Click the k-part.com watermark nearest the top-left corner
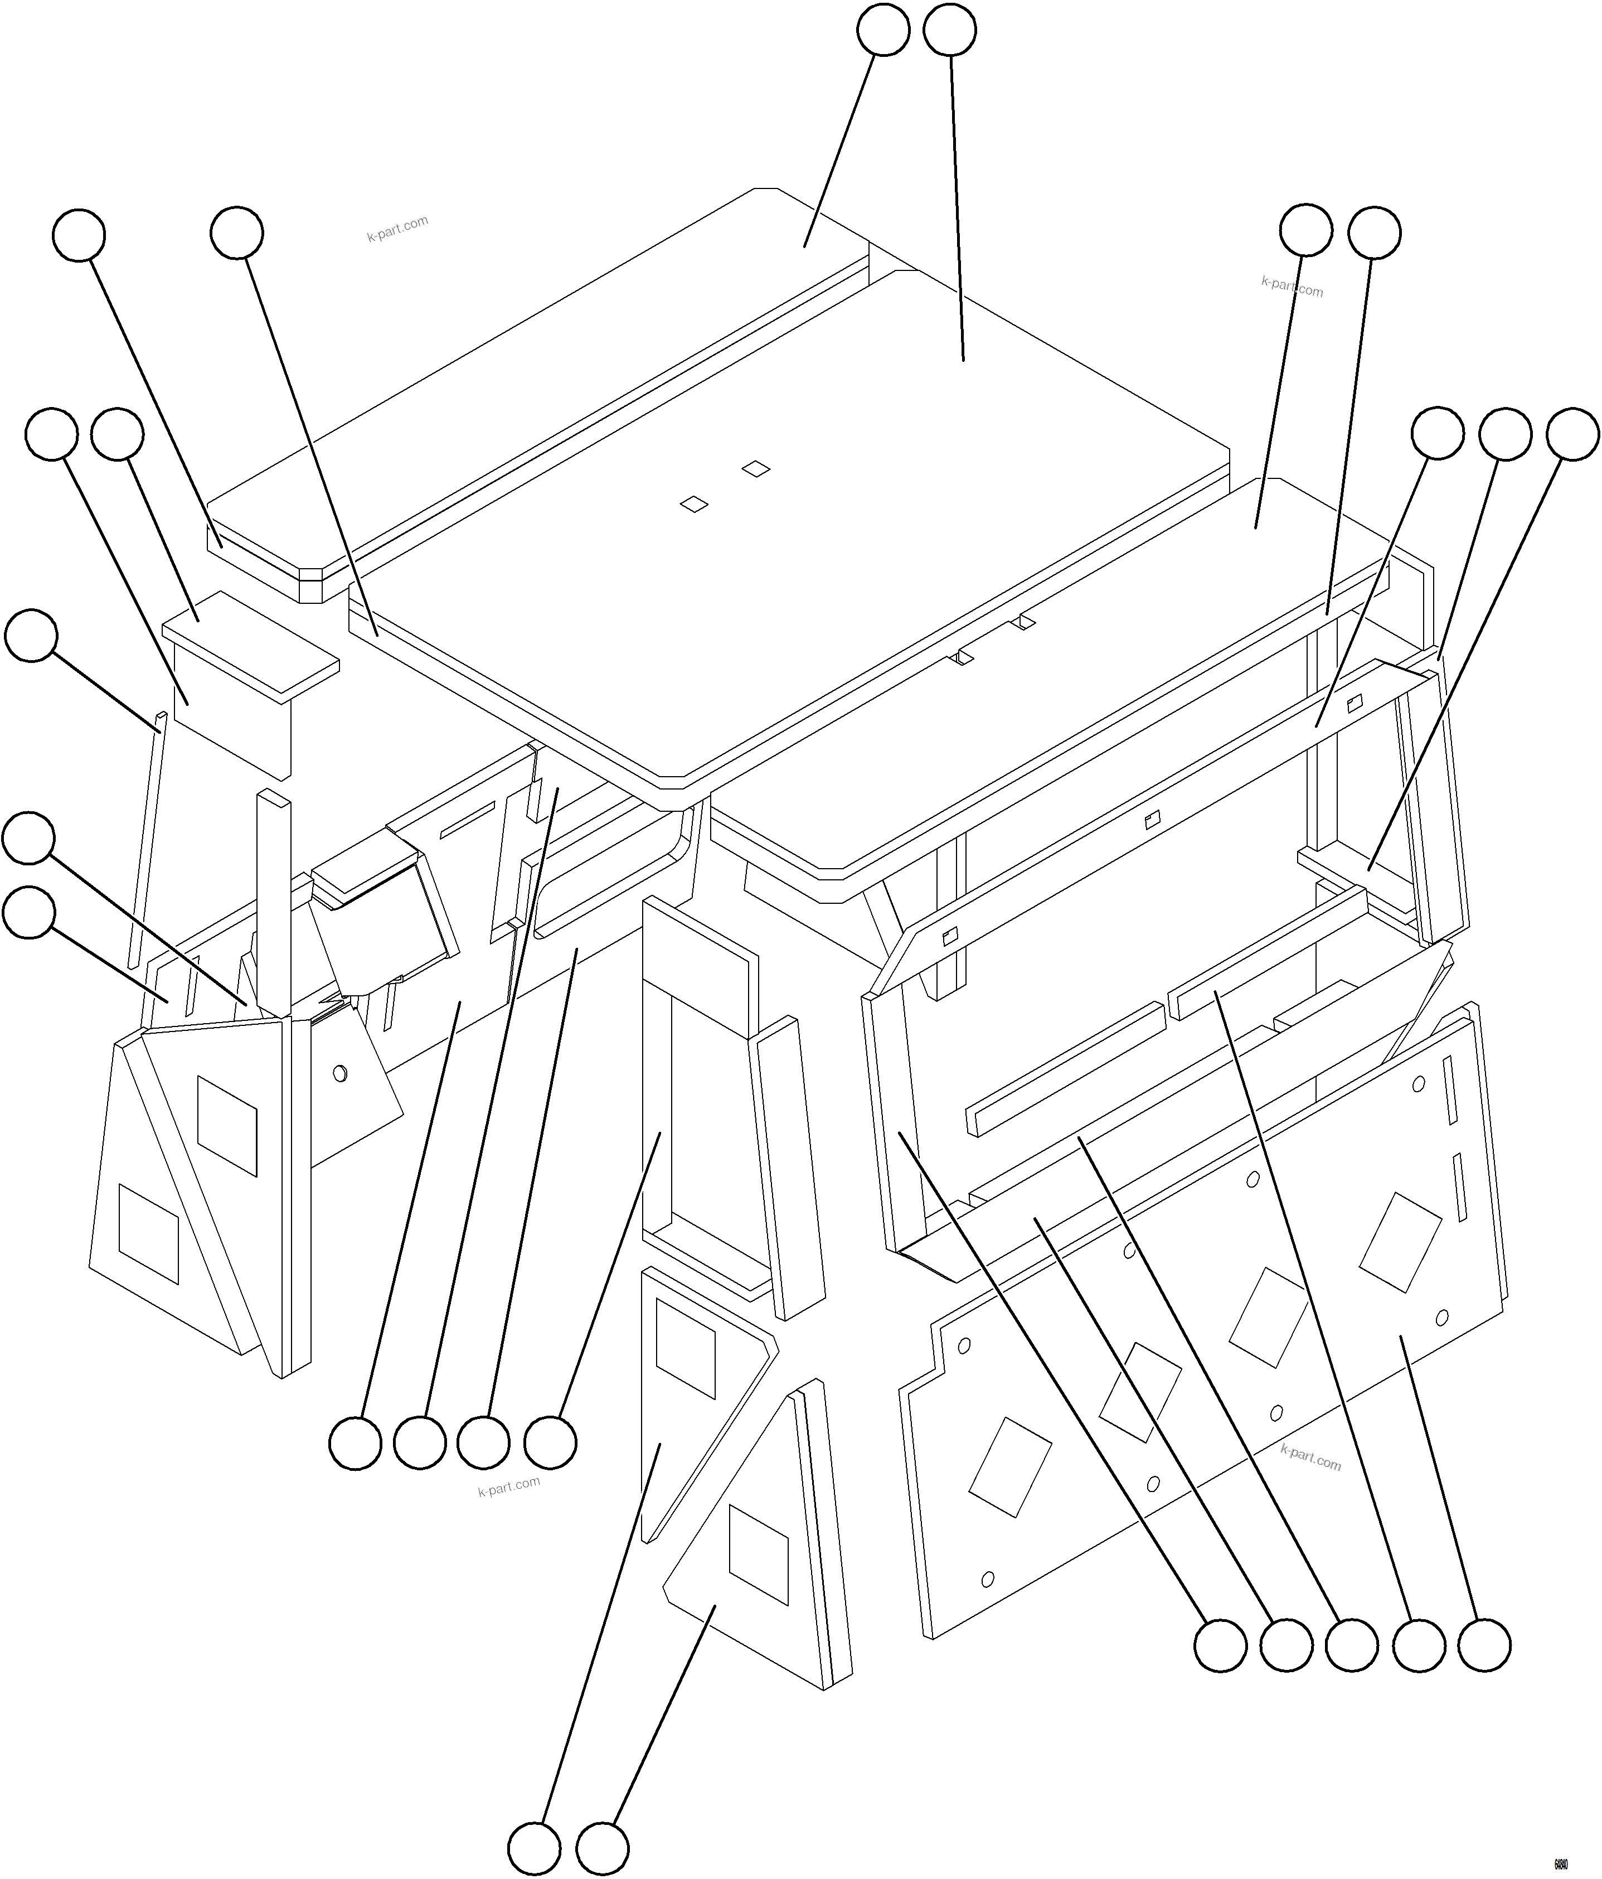(x=397, y=229)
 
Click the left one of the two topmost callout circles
(x=883, y=30)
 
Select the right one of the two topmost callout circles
(x=949, y=30)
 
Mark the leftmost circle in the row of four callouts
(x=355, y=1443)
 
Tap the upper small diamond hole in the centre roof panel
(x=755, y=469)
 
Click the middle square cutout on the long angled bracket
(x=1152, y=820)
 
